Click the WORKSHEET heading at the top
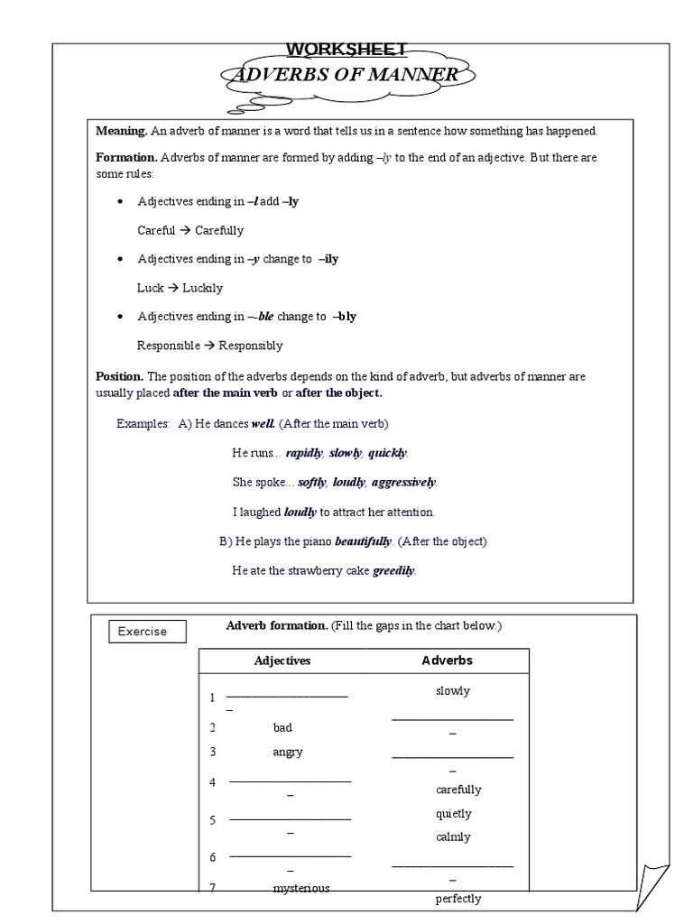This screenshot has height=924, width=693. [346, 49]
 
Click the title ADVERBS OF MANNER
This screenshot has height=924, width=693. [345, 75]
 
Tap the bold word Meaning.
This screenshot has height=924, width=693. [122, 131]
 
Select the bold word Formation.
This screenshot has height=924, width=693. [126, 157]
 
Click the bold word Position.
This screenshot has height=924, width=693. [119, 376]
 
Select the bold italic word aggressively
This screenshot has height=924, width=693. [403, 482]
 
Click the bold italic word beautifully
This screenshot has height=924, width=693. [363, 541]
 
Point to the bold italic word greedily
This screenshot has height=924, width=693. [393, 570]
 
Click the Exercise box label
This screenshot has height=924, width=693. [143, 632]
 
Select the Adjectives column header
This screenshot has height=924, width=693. [282, 661]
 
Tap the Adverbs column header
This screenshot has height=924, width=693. [447, 661]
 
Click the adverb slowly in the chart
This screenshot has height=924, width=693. [452, 691]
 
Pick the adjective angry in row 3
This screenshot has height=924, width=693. [287, 752]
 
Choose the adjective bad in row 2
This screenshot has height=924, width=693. [282, 727]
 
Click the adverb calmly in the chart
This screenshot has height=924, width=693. [453, 836]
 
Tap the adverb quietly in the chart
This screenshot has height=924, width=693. [453, 813]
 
